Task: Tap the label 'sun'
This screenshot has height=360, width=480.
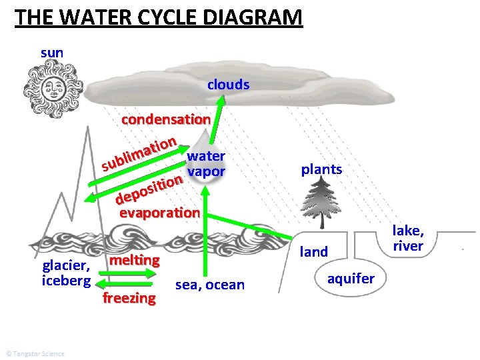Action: [x=52, y=52]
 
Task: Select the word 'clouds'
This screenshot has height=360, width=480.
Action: [x=228, y=85]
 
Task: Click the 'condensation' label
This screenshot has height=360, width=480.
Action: [x=165, y=120]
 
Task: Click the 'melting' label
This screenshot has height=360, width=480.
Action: [x=135, y=259]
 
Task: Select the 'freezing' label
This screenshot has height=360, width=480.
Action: [x=129, y=298]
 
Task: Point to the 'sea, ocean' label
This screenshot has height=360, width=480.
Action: [x=209, y=285]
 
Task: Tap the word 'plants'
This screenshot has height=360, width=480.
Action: [x=321, y=169]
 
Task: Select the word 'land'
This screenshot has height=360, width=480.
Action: [x=315, y=251]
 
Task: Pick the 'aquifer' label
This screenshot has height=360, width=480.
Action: [x=351, y=278]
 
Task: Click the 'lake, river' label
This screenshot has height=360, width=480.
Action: [x=408, y=239]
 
